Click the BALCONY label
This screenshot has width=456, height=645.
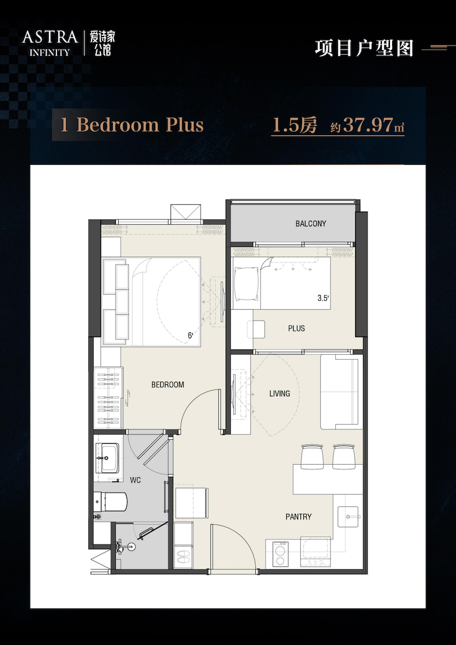(x=311, y=224)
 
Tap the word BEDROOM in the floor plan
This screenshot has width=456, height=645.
(x=168, y=385)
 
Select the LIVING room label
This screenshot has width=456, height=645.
(x=280, y=394)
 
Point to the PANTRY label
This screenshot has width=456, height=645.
(x=299, y=517)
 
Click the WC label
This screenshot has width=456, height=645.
(x=136, y=480)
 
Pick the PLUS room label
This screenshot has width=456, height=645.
(x=296, y=328)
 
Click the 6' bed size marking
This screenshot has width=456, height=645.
(x=190, y=336)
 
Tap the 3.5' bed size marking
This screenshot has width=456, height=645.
(x=323, y=299)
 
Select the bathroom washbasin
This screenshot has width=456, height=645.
(x=109, y=458)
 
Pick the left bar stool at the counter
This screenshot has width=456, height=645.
(x=312, y=456)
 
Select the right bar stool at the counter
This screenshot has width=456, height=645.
(x=344, y=456)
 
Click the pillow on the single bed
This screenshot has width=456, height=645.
(x=246, y=284)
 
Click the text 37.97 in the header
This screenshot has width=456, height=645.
(x=368, y=125)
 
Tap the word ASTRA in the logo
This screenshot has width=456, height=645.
(x=50, y=38)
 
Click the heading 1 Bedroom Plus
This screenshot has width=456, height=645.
(x=132, y=125)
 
